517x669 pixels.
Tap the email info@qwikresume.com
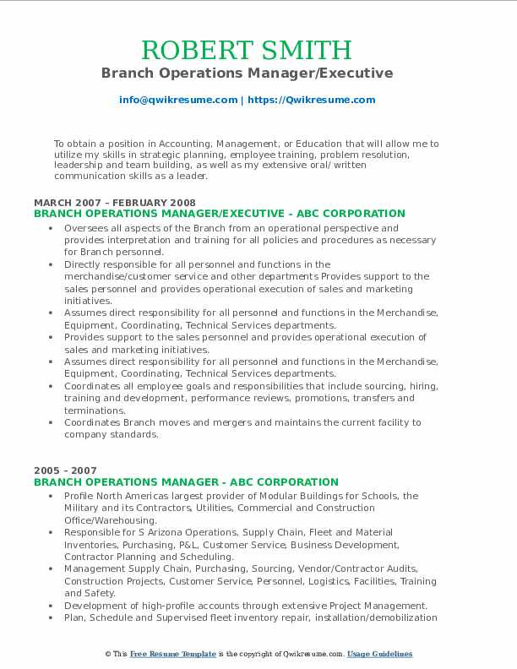[x=177, y=100]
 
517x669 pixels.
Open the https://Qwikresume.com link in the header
[x=311, y=100]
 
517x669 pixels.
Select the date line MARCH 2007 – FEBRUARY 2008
[x=115, y=203]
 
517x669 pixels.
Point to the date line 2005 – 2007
[x=65, y=470]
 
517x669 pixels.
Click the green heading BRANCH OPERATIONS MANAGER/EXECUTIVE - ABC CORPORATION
[x=220, y=214]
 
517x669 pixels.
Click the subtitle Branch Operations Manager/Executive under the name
[x=247, y=73]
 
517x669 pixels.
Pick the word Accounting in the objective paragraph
[x=182, y=144]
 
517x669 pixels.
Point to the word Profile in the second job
[x=80, y=496]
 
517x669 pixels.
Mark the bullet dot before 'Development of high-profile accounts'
[x=52, y=606]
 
